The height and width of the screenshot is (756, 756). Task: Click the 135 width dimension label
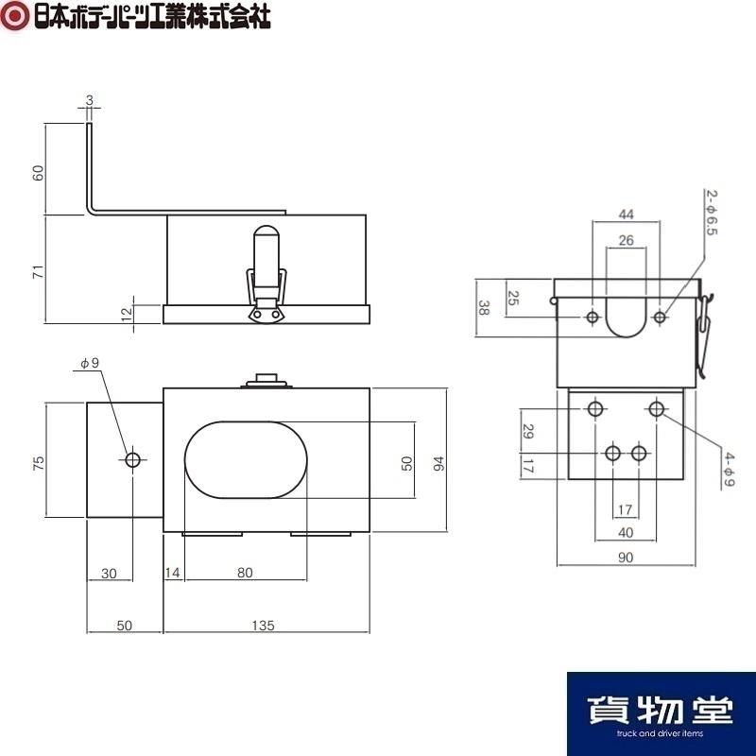pyautogui.click(x=264, y=626)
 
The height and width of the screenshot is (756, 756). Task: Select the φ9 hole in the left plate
pyautogui.click(x=132, y=460)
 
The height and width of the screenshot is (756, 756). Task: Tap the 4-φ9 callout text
pyautogui.click(x=730, y=469)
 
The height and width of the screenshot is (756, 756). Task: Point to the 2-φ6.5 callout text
pyautogui.click(x=712, y=213)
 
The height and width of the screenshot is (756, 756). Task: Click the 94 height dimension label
pyautogui.click(x=439, y=463)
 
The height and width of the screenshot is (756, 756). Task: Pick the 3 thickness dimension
pyautogui.click(x=90, y=100)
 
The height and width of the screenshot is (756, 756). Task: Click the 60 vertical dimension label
pyautogui.click(x=38, y=173)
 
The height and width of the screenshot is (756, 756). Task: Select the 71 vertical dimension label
pyautogui.click(x=38, y=271)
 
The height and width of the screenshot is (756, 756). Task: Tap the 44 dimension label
pyautogui.click(x=626, y=215)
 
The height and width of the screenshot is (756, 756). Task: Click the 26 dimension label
pyautogui.click(x=626, y=240)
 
